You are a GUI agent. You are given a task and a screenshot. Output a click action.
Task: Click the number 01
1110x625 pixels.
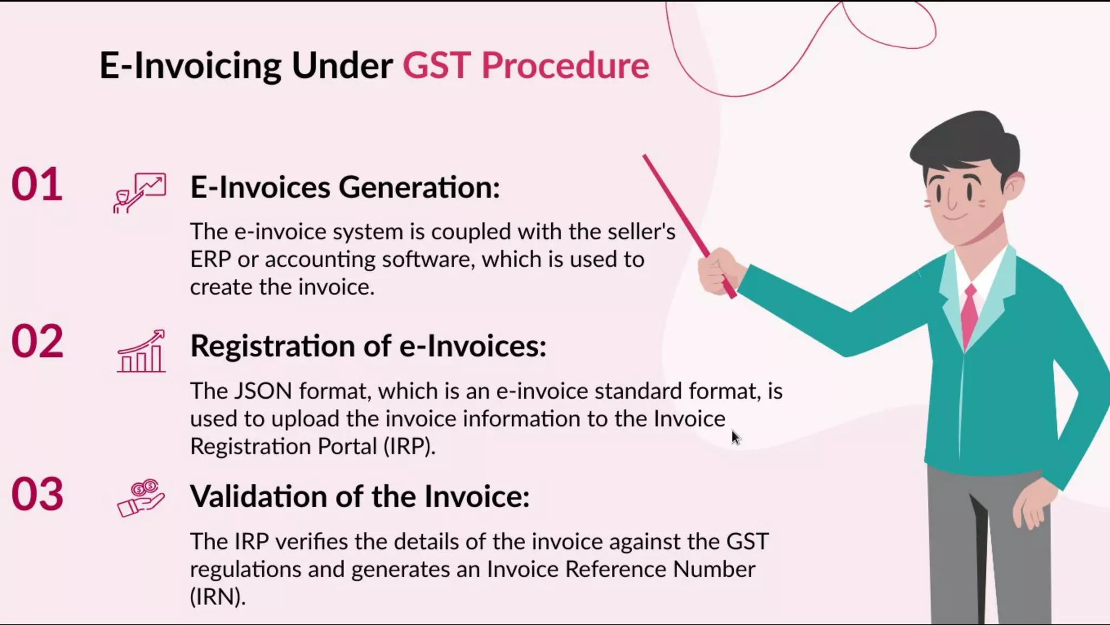point(37,184)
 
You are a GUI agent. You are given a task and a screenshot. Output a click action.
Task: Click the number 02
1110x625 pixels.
point(37,342)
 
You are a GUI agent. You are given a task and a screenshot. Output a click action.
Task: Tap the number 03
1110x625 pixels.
point(37,494)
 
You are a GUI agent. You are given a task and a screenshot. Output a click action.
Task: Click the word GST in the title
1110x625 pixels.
point(436,66)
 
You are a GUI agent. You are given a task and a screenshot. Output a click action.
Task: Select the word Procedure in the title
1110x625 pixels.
point(565,66)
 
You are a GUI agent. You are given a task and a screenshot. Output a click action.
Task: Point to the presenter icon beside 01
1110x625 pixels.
point(139,193)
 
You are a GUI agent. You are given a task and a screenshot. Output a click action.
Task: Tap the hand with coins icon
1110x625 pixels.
point(141,498)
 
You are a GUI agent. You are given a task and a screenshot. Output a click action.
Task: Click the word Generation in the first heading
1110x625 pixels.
point(419,187)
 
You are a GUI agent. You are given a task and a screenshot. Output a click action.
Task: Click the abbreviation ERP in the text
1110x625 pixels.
point(210,259)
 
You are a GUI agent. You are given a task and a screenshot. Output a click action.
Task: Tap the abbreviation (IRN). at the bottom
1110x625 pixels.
point(218,597)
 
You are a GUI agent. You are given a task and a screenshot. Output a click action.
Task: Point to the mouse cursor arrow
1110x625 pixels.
point(735,437)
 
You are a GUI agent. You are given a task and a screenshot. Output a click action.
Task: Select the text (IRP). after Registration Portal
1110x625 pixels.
point(409,447)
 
